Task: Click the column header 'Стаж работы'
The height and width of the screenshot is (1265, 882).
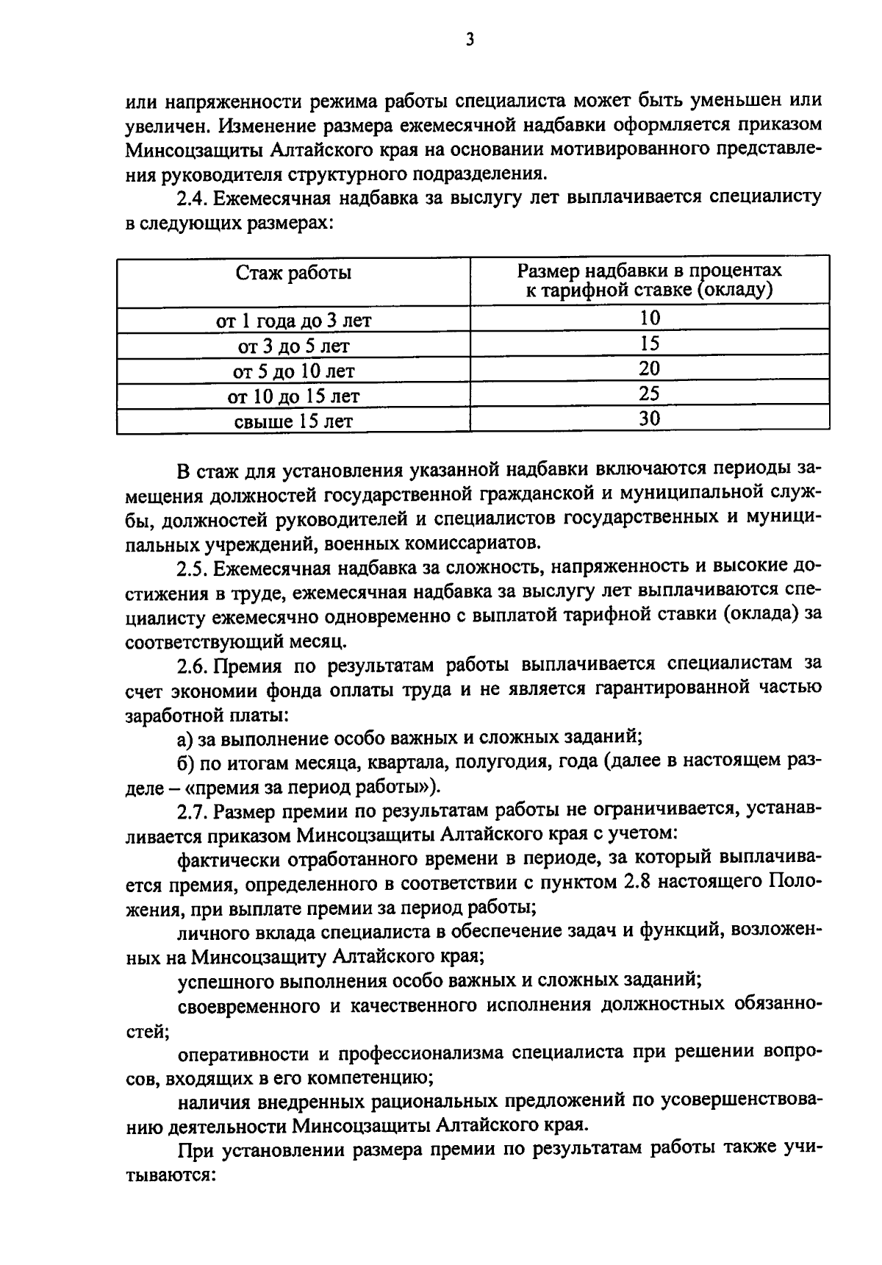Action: [x=293, y=273]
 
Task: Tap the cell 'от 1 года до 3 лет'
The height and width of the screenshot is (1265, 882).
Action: [x=293, y=321]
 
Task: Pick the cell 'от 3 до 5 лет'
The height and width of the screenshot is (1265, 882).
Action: [x=293, y=346]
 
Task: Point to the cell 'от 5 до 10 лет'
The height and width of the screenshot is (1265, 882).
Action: [x=293, y=371]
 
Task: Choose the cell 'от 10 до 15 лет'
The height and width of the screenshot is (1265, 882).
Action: [x=293, y=396]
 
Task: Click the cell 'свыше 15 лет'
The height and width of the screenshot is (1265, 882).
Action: [x=293, y=421]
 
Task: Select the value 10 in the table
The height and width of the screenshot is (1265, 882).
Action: [x=649, y=318]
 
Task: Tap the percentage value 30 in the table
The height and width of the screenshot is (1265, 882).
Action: [x=649, y=418]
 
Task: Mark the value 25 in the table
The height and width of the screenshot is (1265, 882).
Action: [x=649, y=393]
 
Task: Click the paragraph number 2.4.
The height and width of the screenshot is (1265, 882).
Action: [x=193, y=198]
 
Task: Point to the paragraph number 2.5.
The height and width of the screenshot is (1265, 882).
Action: [x=193, y=567]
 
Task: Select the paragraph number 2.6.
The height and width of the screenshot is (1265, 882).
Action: [x=193, y=665]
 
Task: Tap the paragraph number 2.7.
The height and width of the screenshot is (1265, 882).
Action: [x=193, y=810]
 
